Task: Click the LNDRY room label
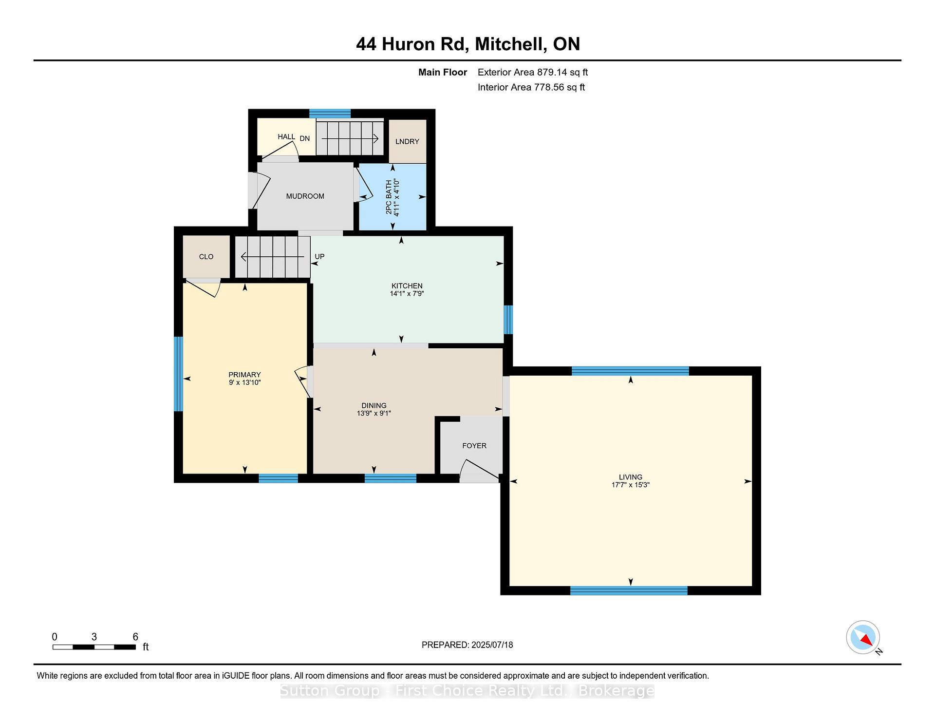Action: pyautogui.click(x=407, y=141)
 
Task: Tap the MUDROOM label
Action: pyautogui.click(x=305, y=196)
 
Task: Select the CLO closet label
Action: pyautogui.click(x=206, y=257)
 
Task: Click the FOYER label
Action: pyautogui.click(x=474, y=446)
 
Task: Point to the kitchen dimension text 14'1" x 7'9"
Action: pyautogui.click(x=407, y=294)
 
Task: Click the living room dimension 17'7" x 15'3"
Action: pyautogui.click(x=631, y=485)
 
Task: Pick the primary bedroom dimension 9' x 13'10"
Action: pyautogui.click(x=245, y=382)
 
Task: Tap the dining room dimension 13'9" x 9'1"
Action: pyautogui.click(x=374, y=413)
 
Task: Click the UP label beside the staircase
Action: pyautogui.click(x=319, y=257)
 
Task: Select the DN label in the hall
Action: pyautogui.click(x=305, y=138)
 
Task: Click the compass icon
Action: pyautogui.click(x=863, y=637)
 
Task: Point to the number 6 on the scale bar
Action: pyautogui.click(x=135, y=637)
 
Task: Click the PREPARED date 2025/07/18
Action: pyautogui.click(x=492, y=645)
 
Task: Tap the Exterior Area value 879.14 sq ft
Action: pyautogui.click(x=562, y=72)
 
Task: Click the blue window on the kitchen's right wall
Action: pyautogui.click(x=508, y=320)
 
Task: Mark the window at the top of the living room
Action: pyautogui.click(x=630, y=371)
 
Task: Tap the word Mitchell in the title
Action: pyautogui.click(x=509, y=44)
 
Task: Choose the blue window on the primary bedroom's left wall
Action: pyautogui.click(x=179, y=374)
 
